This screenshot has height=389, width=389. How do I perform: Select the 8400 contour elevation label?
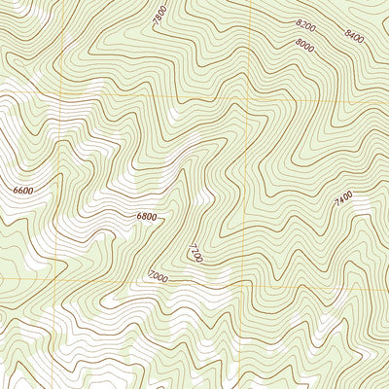point(353,37)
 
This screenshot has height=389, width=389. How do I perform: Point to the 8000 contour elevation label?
point(303,45)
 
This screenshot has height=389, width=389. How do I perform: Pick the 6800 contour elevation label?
point(148,217)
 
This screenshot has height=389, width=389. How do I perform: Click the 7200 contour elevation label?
point(196,255)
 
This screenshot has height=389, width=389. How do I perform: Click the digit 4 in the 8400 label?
point(350,36)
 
